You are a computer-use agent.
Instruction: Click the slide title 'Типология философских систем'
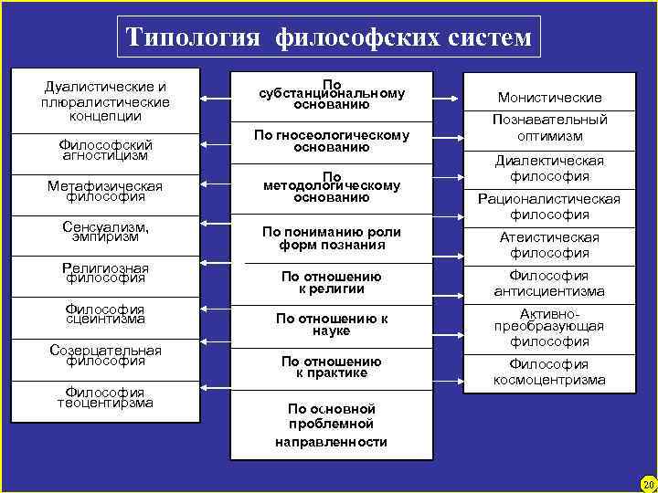click(328, 37)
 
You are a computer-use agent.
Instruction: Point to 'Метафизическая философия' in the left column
click(105, 191)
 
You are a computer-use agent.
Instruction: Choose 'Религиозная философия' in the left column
click(105, 272)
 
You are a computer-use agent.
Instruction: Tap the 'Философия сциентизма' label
click(105, 314)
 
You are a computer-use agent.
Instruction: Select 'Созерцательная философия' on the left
click(105, 355)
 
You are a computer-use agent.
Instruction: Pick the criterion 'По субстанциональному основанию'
click(332, 93)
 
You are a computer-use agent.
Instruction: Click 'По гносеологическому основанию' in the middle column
click(332, 142)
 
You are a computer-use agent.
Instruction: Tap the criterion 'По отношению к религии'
click(332, 282)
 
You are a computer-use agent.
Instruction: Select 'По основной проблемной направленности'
click(332, 425)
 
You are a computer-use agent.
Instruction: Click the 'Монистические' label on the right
click(549, 98)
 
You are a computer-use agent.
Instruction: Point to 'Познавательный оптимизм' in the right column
click(549, 128)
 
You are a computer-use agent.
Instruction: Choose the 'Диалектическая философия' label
click(549, 168)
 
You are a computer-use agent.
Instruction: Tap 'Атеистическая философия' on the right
click(549, 246)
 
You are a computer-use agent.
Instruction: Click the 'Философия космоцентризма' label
click(549, 372)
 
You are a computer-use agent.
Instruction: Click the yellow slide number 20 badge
click(648, 483)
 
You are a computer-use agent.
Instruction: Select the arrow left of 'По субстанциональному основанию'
click(217, 98)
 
